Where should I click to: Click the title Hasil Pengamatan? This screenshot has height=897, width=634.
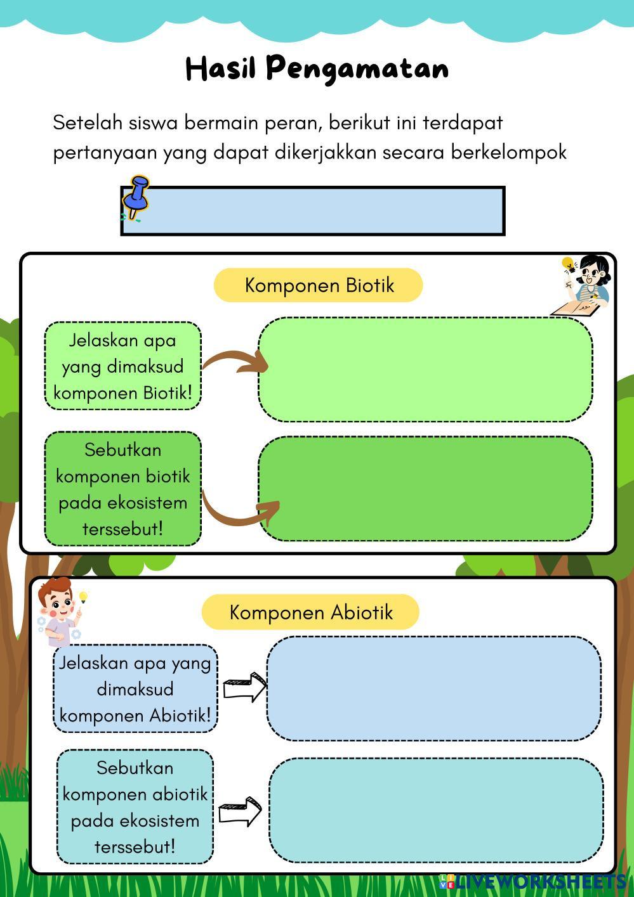point(317,68)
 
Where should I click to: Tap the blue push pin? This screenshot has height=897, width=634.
point(136,197)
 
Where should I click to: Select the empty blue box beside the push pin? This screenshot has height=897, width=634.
point(324,210)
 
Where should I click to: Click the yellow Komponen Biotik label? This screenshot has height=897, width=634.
point(319,285)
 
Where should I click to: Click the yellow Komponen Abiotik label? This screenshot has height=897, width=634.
point(310,612)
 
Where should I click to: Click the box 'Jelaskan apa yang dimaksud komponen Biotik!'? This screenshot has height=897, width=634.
point(122,366)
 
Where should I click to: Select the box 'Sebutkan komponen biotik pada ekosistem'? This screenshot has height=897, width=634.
point(122,489)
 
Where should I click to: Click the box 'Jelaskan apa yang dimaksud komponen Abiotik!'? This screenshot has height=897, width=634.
point(135,689)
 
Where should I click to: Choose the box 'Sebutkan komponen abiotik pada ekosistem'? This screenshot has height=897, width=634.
point(135,807)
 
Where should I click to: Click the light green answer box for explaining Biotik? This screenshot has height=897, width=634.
point(425,370)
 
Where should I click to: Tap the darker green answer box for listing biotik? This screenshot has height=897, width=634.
point(425,489)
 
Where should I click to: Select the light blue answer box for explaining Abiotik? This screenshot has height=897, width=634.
point(433,688)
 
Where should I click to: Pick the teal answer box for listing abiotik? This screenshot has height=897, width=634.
point(436,810)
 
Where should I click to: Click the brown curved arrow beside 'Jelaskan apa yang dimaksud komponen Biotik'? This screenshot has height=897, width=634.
point(235,363)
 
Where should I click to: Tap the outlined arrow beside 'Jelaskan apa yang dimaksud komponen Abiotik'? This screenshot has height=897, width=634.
point(244,687)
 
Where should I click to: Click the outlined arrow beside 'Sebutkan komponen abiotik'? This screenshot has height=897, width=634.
point(240,811)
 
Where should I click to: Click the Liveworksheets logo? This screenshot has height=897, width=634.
point(533,881)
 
